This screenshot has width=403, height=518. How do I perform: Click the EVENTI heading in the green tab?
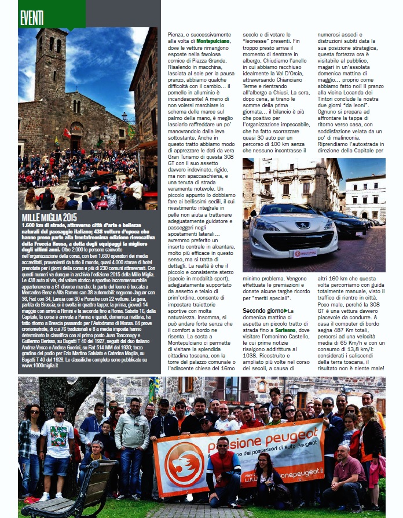(x=32, y=18)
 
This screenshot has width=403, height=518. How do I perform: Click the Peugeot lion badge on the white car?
(x=286, y=225)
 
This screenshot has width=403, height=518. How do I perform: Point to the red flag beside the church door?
(x=67, y=133)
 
